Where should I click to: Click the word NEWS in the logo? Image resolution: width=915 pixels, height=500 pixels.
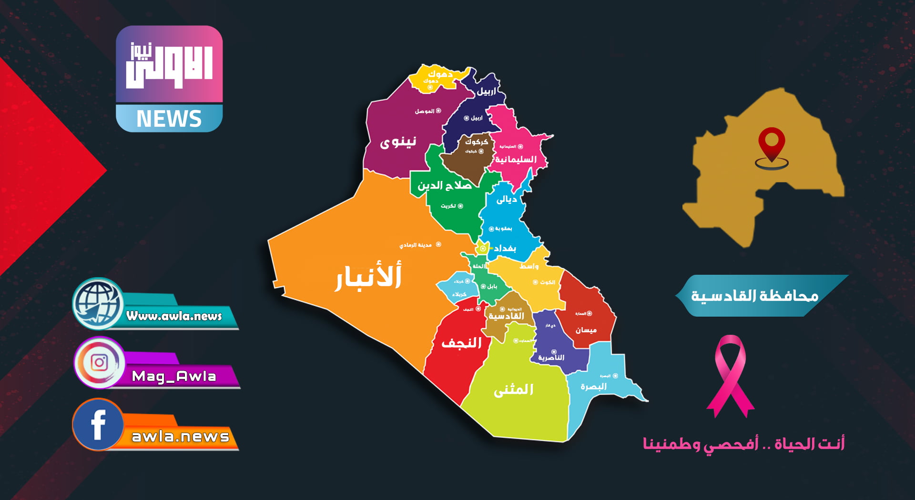(169, 119)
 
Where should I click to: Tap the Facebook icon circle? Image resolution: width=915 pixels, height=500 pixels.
(98, 424)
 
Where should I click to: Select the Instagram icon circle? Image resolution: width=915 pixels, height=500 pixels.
(99, 363)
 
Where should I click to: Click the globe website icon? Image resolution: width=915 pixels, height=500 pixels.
(98, 304)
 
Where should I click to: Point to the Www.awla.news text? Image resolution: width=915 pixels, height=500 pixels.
(174, 316)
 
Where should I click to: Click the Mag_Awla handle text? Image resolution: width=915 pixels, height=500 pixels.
(174, 376)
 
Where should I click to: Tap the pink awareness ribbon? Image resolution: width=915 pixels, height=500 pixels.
(730, 376)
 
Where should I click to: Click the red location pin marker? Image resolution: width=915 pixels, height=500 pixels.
(772, 143)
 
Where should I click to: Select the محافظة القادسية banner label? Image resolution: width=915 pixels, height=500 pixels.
(755, 296)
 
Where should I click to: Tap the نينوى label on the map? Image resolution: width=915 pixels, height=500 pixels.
(398, 142)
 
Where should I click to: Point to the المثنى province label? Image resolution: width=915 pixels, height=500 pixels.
(513, 390)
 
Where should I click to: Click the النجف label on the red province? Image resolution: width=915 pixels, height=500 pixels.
(461, 342)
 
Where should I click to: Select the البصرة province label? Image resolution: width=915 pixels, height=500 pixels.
(593, 387)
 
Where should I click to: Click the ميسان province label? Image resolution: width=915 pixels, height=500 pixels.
(586, 330)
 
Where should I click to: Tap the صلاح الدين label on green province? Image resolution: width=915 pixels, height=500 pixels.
(445, 185)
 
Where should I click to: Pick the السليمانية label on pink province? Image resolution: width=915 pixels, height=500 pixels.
(516, 159)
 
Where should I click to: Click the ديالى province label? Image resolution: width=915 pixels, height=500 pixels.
(506, 200)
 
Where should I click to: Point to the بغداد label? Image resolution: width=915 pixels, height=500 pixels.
(505, 249)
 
